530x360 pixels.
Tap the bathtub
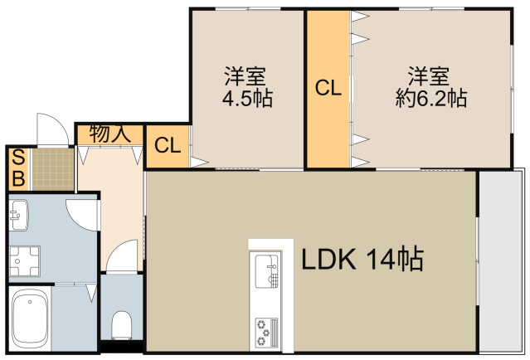pos(29,319)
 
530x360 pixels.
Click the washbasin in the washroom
pos(18,216)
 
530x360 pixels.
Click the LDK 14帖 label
pos(362,260)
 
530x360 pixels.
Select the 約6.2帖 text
pos(430,99)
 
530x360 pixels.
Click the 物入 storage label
pos(111,134)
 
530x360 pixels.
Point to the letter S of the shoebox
pos(17,157)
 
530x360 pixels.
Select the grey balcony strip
pos(503,261)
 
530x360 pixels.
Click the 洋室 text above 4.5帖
pos(245,77)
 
